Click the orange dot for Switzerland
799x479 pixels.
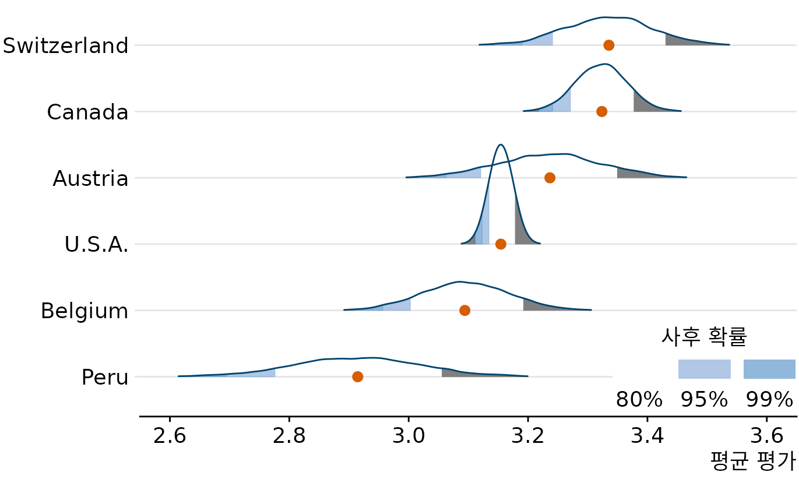608,45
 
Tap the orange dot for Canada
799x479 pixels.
601,111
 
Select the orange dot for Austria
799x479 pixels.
550,178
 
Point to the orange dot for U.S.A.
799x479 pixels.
501,244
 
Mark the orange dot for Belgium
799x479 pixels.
464,310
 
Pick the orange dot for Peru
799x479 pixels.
357,377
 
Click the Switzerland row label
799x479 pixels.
65,45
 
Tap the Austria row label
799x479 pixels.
90,178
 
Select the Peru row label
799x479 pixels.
104,378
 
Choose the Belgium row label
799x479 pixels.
85,311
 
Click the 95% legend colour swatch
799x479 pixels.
704,369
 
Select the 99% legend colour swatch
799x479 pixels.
769,369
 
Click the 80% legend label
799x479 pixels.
639,400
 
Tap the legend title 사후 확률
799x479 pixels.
704,336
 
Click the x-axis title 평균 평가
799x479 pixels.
752,462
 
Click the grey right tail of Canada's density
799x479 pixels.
644,105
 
